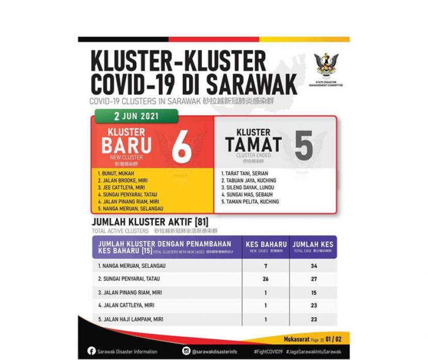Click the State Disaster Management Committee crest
[326, 66]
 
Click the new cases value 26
[266, 279]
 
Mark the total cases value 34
[313, 266]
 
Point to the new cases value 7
[266, 266]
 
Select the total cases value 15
[313, 292]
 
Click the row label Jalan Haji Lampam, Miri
[131, 319]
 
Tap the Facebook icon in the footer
[91, 351]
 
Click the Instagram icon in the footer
[186, 351]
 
